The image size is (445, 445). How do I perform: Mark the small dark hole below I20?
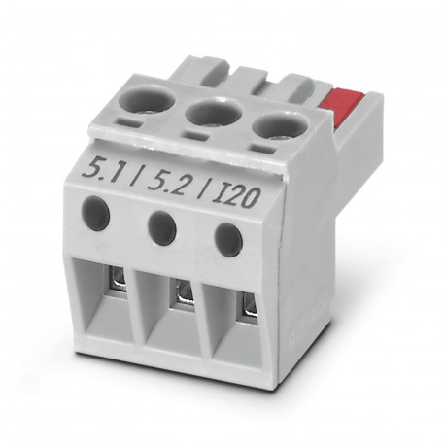[x=226, y=239]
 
